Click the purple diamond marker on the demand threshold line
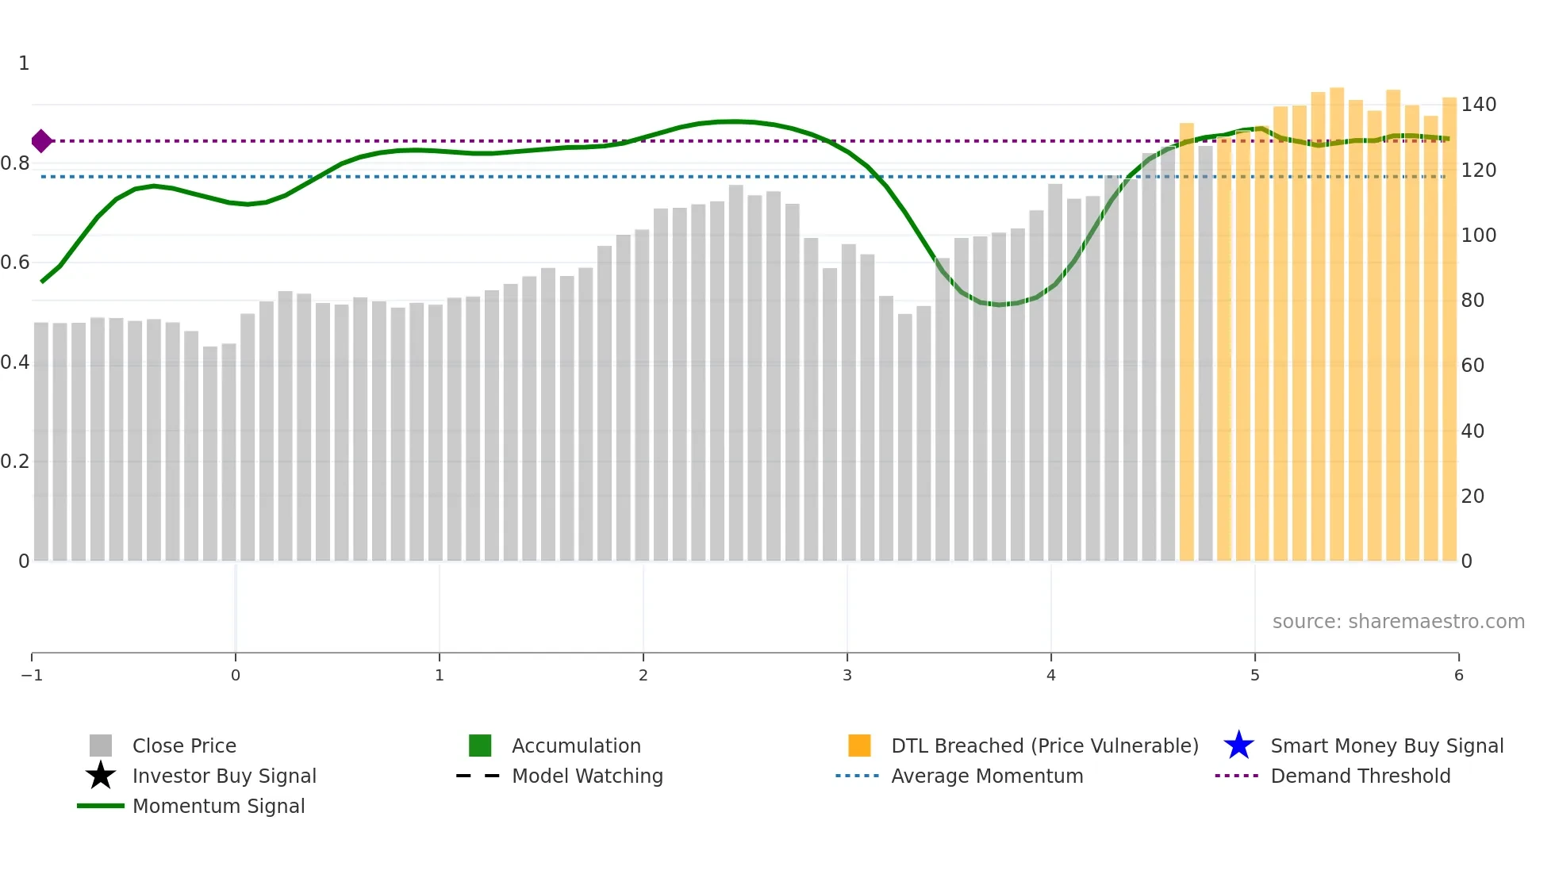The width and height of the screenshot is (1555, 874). click(41, 141)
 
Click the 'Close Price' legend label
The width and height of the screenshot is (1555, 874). click(184, 746)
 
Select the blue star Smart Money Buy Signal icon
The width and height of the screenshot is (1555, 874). click(1238, 746)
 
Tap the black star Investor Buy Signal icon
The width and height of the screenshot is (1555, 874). click(101, 776)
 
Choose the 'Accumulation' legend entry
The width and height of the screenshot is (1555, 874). click(576, 746)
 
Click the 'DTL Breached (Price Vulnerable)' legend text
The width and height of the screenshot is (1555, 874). click(1044, 746)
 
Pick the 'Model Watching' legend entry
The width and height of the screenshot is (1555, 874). click(587, 776)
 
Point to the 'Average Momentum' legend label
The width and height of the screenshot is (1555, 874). click(987, 776)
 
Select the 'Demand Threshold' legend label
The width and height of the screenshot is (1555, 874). click(1360, 776)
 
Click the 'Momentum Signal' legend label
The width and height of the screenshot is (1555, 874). click(218, 806)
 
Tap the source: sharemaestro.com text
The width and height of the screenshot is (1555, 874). click(1398, 621)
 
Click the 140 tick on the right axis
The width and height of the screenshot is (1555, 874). click(1478, 105)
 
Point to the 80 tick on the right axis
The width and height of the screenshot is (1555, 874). click(1472, 301)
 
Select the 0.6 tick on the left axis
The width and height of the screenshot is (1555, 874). click(15, 263)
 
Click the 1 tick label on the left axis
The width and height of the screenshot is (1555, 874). click(24, 63)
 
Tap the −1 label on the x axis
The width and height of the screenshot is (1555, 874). click(32, 675)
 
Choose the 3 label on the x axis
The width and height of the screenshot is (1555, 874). click(847, 675)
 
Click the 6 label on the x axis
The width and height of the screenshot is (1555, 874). click(1458, 675)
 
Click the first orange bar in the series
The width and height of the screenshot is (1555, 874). click(1186, 341)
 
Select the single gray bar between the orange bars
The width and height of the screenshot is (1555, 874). click(1205, 353)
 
